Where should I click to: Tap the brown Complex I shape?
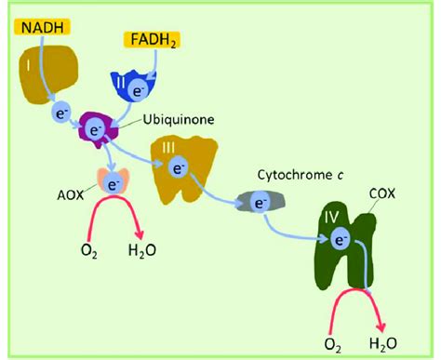click(47, 74)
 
